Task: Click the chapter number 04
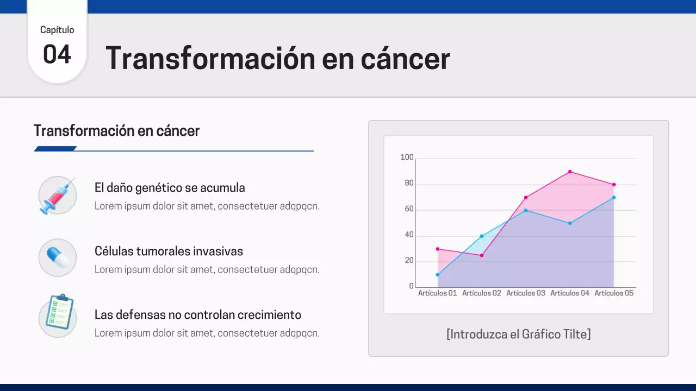[x=57, y=55]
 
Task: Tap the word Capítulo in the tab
[x=57, y=30]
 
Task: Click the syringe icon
[x=57, y=195]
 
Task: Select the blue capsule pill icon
[x=57, y=257]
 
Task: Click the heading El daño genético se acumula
[x=170, y=188]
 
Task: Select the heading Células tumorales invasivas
[x=169, y=251]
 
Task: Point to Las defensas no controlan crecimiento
[x=198, y=315]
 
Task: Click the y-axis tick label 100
[x=407, y=157]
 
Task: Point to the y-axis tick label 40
[x=408, y=235]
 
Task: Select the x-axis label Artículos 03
[x=526, y=293]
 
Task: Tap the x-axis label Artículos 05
[x=614, y=293]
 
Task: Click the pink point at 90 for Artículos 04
[x=570, y=172]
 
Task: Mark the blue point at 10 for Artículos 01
[x=438, y=275]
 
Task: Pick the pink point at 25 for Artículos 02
[x=482, y=255]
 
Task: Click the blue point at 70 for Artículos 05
[x=614, y=197]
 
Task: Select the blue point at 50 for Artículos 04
[x=570, y=223]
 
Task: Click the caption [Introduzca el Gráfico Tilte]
[x=518, y=334]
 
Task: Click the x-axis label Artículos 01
[x=438, y=293]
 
